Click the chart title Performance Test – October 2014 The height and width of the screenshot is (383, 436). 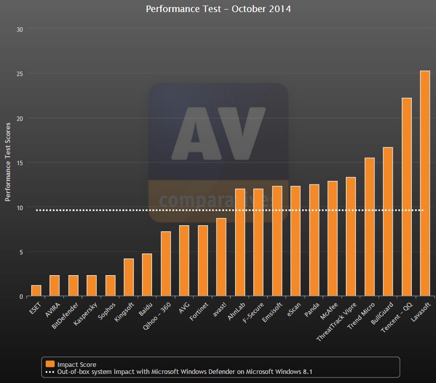(x=218, y=9)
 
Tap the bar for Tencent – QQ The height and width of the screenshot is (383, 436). (x=406, y=197)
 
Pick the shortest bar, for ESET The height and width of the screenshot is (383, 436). (x=36, y=291)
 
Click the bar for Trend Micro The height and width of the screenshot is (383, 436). (x=370, y=227)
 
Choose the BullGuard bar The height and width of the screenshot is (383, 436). (x=388, y=222)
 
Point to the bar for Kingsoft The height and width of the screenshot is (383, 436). (x=128, y=277)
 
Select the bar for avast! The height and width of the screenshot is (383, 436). (x=221, y=257)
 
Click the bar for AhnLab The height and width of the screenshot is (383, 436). (x=240, y=242)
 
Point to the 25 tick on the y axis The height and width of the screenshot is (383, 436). (x=20, y=74)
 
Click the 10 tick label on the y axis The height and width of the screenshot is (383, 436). (x=20, y=207)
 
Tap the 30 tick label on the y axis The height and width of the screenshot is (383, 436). (x=20, y=29)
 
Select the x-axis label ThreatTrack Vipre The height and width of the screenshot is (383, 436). (x=337, y=322)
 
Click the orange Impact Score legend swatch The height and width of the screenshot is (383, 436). (x=50, y=364)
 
